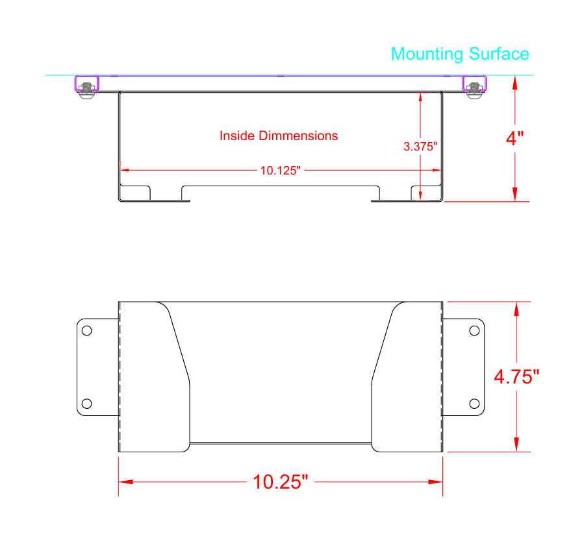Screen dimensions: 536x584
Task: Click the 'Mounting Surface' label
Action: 459,54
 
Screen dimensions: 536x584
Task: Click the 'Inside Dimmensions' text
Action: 279,136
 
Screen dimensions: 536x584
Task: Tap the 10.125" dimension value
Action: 281,171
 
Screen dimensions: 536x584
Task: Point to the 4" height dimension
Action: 515,138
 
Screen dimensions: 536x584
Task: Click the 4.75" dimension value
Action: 516,376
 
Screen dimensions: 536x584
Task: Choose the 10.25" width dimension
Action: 280,482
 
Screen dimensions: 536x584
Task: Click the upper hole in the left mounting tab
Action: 87,330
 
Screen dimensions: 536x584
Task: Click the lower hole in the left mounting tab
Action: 87,403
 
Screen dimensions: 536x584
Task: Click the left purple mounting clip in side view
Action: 86,84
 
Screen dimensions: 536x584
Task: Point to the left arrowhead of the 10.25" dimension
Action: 125,482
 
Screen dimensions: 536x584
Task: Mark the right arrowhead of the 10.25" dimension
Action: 436,482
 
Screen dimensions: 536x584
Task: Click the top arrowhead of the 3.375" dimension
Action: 421,97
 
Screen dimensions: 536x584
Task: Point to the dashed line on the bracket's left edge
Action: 121,376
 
